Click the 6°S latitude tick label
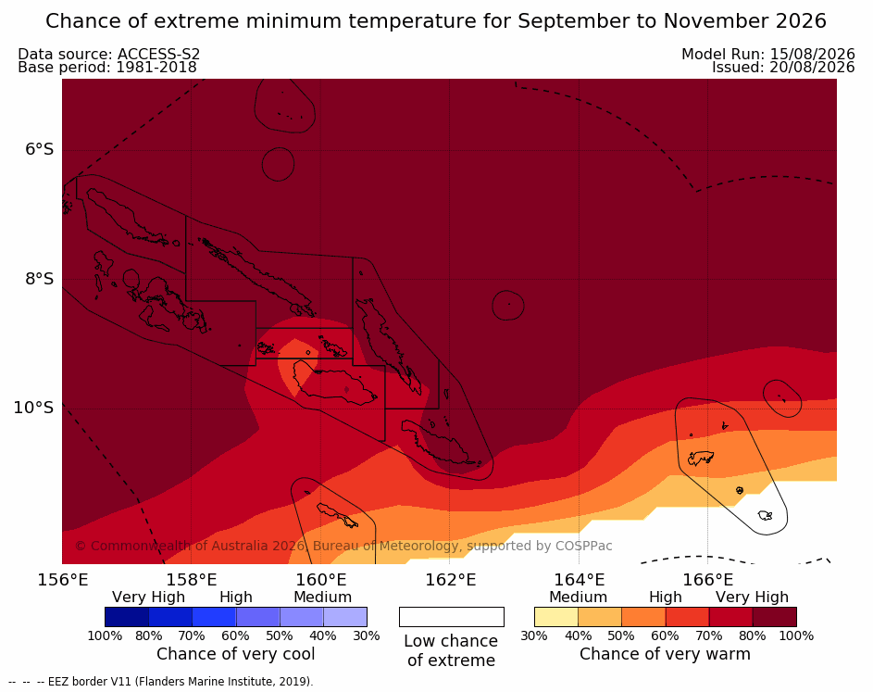pyautogui.click(x=39, y=149)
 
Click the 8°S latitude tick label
pyautogui.click(x=39, y=279)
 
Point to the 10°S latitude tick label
pyautogui.click(x=34, y=408)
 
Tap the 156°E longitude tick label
pyautogui.click(x=63, y=580)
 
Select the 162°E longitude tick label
pyautogui.click(x=451, y=580)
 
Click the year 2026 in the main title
pyautogui.click(x=801, y=21)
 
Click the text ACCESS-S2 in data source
pyautogui.click(x=158, y=54)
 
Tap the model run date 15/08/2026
pyautogui.click(x=812, y=54)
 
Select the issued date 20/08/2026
pyautogui.click(x=812, y=68)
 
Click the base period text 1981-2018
pyautogui.click(x=156, y=68)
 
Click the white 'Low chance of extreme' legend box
pyautogui.click(x=452, y=617)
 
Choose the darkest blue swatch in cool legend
pyautogui.click(x=127, y=617)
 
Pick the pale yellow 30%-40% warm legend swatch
pyautogui.click(x=556, y=617)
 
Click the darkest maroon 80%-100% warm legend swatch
pyautogui.click(x=775, y=617)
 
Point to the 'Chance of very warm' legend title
pyautogui.click(x=665, y=654)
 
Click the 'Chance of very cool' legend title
pyautogui.click(x=235, y=654)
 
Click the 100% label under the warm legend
pyautogui.click(x=796, y=635)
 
